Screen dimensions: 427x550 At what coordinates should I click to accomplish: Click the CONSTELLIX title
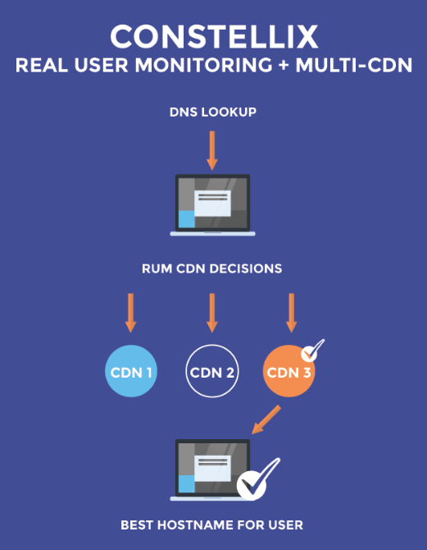coord(214,37)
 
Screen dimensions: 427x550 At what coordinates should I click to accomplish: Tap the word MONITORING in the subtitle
coord(203,65)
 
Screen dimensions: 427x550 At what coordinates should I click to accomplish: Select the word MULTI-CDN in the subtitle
coord(354,65)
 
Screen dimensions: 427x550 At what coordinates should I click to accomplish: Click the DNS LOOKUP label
coord(213,112)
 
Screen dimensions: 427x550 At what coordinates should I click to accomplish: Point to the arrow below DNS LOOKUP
coord(212,150)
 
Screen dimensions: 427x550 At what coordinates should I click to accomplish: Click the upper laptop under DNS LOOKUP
coord(212,205)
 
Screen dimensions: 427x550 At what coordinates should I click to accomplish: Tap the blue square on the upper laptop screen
coord(186,219)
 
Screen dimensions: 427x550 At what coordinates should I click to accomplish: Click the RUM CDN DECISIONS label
coord(212,268)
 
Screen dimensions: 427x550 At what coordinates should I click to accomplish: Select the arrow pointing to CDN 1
coord(130,313)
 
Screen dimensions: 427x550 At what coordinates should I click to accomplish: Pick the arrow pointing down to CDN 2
coord(212,313)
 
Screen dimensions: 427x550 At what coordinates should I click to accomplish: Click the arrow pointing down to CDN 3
coord(292,313)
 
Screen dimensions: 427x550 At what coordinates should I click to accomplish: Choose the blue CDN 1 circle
coord(131,371)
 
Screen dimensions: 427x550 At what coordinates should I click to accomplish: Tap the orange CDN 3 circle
coord(288,371)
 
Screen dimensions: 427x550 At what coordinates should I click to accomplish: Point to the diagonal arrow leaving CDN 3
coord(266,419)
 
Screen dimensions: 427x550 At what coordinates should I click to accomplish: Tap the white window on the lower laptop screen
coord(212,469)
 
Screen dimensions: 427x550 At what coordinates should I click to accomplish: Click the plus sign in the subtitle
coord(284,66)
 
